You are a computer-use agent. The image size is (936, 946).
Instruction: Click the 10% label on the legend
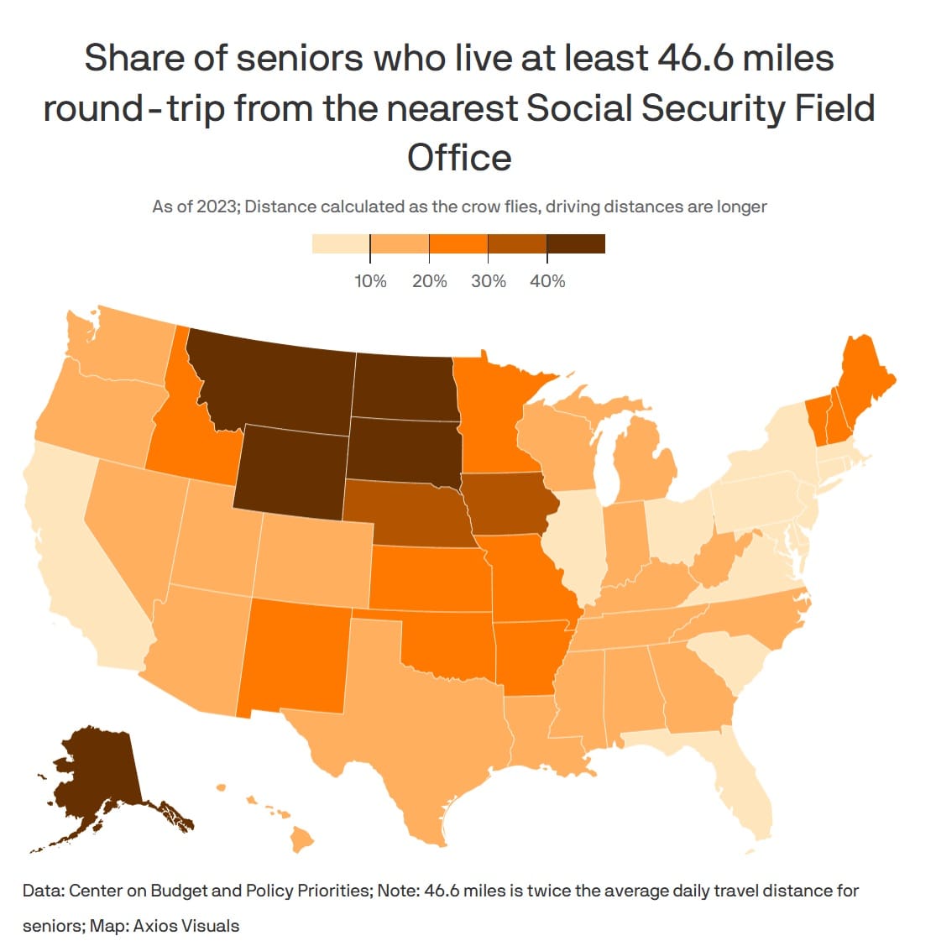pyautogui.click(x=370, y=281)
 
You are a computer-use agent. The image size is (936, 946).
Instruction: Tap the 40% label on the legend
pyautogui.click(x=547, y=281)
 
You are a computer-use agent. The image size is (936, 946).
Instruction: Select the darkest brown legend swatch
pyautogui.click(x=575, y=243)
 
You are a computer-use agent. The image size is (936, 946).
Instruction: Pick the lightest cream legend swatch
pyautogui.click(x=341, y=243)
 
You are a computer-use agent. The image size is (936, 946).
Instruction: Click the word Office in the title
pyautogui.click(x=459, y=157)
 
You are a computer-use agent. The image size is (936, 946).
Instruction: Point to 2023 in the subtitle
pyautogui.click(x=217, y=206)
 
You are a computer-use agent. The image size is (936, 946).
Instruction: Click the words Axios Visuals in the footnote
pyautogui.click(x=186, y=926)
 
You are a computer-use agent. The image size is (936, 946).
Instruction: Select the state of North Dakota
pyautogui.click(x=405, y=386)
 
